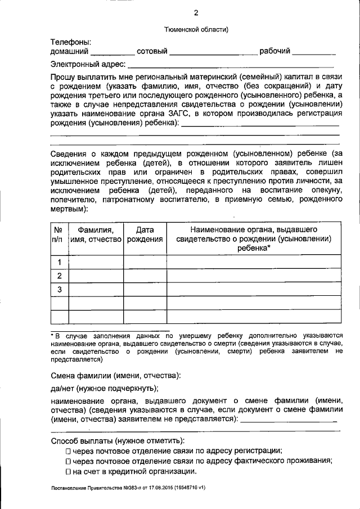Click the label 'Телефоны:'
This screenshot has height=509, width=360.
pos(71,42)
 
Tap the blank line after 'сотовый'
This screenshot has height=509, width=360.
pos(213,53)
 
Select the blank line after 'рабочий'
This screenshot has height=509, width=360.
pos(314,53)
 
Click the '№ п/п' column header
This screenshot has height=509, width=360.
pos(58,235)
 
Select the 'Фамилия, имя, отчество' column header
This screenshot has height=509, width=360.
pos(96,235)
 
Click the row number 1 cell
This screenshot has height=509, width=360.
pos(58,262)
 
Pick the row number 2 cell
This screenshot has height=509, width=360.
pos(58,276)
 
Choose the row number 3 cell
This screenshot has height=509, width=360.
pos(58,290)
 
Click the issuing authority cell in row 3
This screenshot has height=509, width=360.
pos(254,290)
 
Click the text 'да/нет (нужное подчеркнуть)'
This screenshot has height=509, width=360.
pos(105,388)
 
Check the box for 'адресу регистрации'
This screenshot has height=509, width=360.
pos(67,451)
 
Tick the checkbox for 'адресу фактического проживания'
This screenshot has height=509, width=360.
pos(67,461)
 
